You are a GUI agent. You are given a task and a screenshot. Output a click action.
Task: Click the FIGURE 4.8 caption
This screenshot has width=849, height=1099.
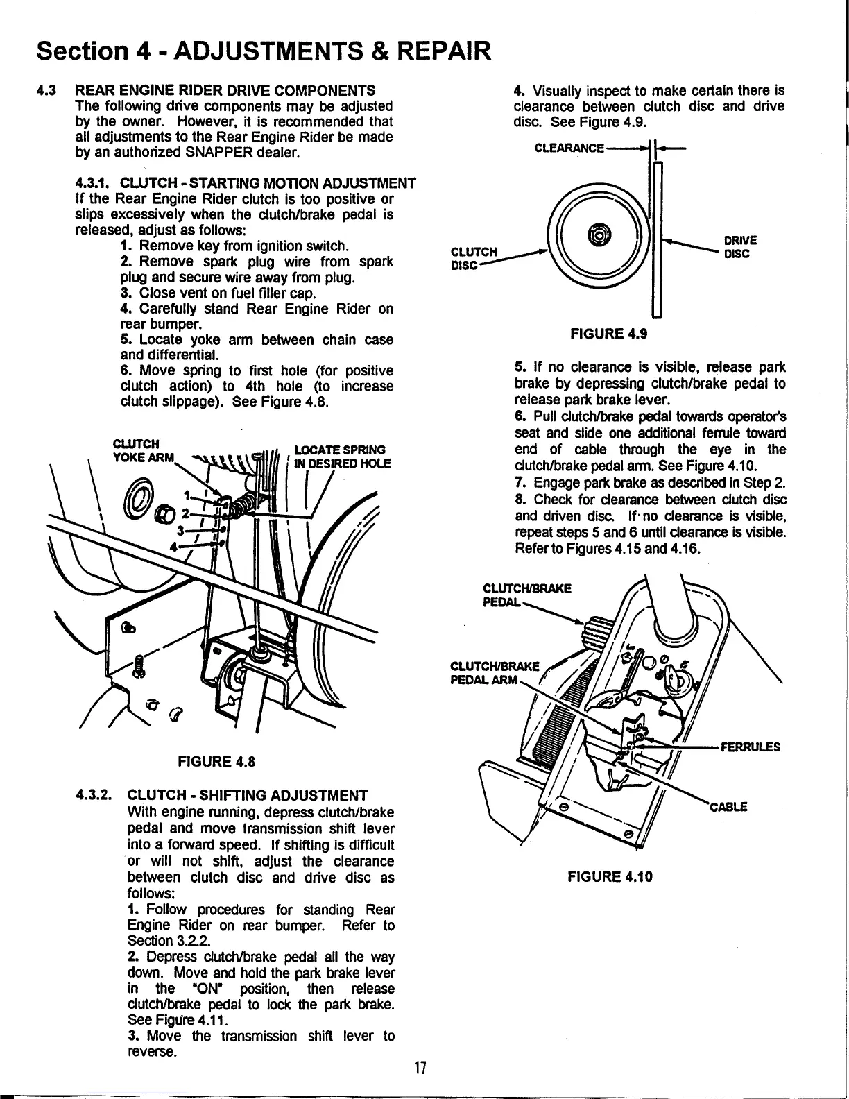point(217,761)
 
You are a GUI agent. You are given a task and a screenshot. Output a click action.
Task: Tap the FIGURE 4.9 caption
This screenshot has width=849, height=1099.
point(608,334)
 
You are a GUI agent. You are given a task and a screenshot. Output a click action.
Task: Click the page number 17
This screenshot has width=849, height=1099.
point(419,1067)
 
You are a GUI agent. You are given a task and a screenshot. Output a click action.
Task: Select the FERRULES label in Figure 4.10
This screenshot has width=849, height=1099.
point(751,747)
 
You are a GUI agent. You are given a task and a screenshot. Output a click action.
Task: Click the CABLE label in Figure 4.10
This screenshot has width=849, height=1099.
point(728,807)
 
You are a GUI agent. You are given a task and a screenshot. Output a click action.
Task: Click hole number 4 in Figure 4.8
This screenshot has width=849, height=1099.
point(173,545)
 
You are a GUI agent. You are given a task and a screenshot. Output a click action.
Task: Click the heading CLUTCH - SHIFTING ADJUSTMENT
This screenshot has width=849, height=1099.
point(248,795)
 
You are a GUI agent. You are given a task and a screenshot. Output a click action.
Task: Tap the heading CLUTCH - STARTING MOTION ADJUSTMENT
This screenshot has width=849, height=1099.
point(268,183)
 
